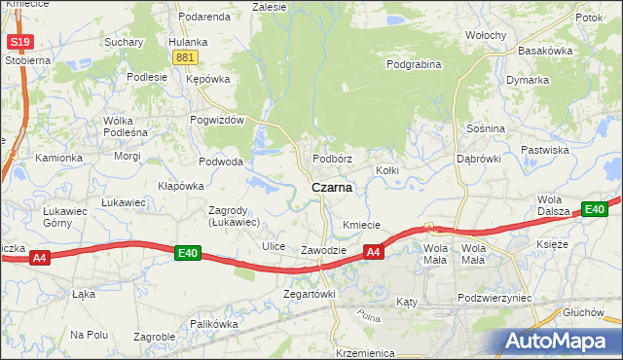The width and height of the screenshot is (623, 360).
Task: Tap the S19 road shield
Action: pyautogui.click(x=18, y=42)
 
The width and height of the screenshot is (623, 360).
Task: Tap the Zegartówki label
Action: pyautogui.click(x=309, y=293)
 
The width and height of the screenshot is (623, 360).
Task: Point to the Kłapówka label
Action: pyautogui.click(x=180, y=185)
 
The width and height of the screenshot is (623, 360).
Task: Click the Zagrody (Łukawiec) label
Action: pyautogui.click(x=234, y=216)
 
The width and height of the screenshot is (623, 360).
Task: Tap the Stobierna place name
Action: pyautogui.click(x=26, y=60)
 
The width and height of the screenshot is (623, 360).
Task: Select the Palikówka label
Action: pyautogui.click(x=214, y=324)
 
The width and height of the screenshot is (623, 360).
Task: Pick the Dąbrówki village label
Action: pyautogui.click(x=478, y=158)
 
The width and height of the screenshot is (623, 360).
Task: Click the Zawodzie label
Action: pyautogui.click(x=323, y=250)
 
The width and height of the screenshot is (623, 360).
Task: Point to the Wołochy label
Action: pyautogui.click(x=485, y=35)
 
